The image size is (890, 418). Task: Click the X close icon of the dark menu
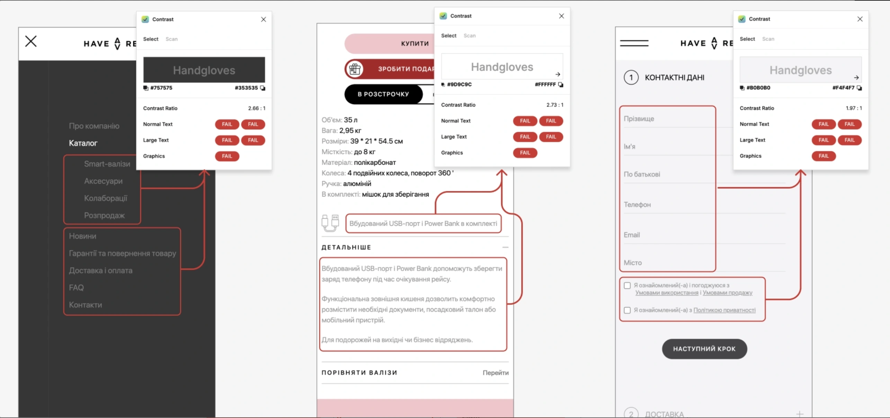tap(31, 42)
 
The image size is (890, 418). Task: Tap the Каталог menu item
tap(83, 143)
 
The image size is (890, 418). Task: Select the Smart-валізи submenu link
tap(107, 164)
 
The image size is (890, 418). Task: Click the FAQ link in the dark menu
tap(76, 288)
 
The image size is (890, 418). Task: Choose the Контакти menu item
tap(85, 305)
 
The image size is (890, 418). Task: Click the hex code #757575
tap(161, 88)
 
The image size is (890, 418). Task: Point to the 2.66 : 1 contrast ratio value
tap(257, 108)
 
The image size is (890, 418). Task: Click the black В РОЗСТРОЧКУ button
tap(383, 94)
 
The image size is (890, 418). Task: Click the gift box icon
tap(355, 69)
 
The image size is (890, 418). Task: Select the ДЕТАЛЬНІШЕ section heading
tap(346, 247)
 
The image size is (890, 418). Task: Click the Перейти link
tap(496, 373)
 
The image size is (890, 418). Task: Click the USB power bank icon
tap(330, 223)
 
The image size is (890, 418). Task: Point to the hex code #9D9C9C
tap(459, 84)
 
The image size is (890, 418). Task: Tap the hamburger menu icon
tap(634, 43)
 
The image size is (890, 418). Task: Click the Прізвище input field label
tap(639, 119)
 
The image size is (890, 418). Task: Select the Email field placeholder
tap(632, 235)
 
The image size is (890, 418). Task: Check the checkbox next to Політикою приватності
tap(627, 310)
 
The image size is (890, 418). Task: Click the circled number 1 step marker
tap(631, 78)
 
